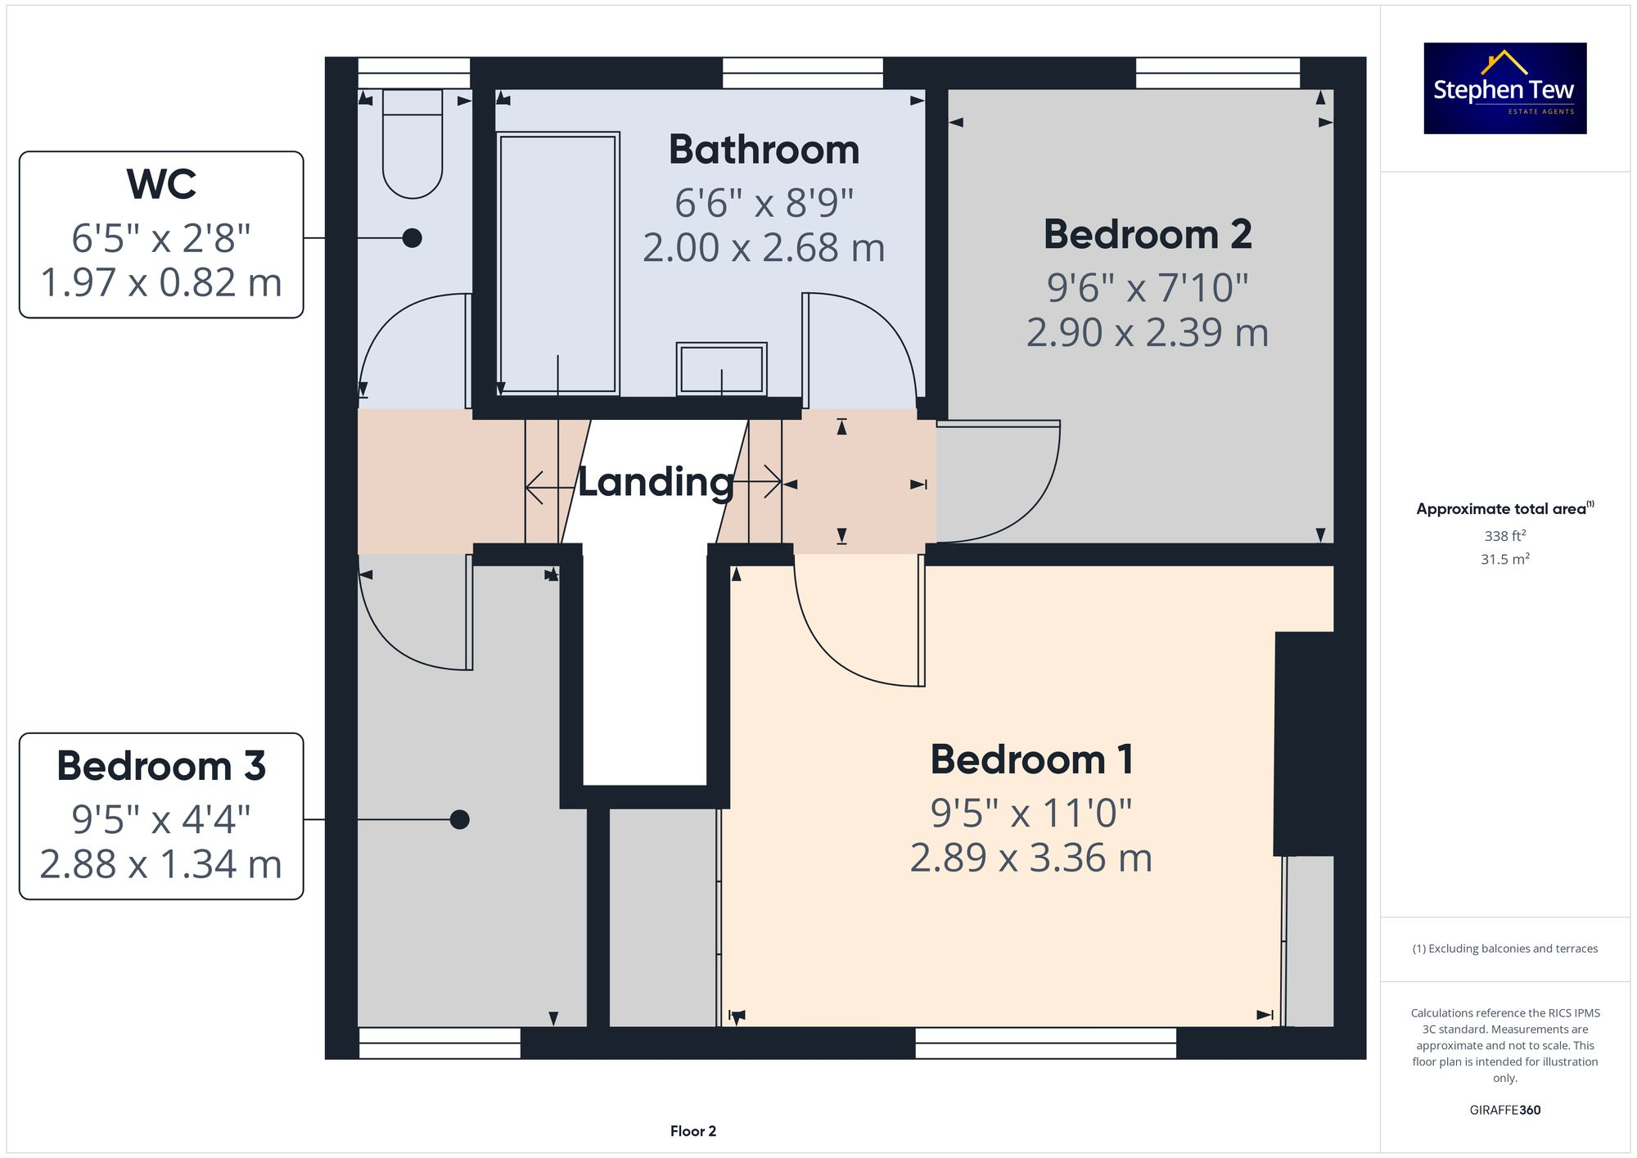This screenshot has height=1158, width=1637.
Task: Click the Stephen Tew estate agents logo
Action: coord(1504,88)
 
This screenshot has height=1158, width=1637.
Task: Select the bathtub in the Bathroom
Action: coord(557,264)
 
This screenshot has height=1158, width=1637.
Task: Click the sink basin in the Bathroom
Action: coord(721,369)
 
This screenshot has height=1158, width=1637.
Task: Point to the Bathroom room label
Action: coord(764,150)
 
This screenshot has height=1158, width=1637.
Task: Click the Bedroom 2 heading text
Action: coord(1147,235)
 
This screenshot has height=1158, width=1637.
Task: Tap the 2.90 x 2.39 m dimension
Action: coord(1147,333)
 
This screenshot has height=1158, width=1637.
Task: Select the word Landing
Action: coord(656,482)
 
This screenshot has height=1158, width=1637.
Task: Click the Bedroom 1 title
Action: coord(1031,759)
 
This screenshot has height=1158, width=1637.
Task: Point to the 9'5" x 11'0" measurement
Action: coord(1031,813)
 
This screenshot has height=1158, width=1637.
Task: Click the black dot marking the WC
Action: coord(413,238)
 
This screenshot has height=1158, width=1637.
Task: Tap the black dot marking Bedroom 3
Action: coord(459,819)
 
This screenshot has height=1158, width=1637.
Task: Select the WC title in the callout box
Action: coord(161,184)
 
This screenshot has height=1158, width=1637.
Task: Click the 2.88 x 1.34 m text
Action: coord(161,864)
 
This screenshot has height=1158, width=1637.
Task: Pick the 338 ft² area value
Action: coord(1504,536)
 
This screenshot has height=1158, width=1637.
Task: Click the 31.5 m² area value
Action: coord(1504,559)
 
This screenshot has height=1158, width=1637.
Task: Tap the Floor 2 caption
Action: coord(692,1131)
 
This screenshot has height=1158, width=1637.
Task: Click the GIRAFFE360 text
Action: coord(1504,1111)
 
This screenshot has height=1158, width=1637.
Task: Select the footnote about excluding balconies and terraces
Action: coord(1504,948)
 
